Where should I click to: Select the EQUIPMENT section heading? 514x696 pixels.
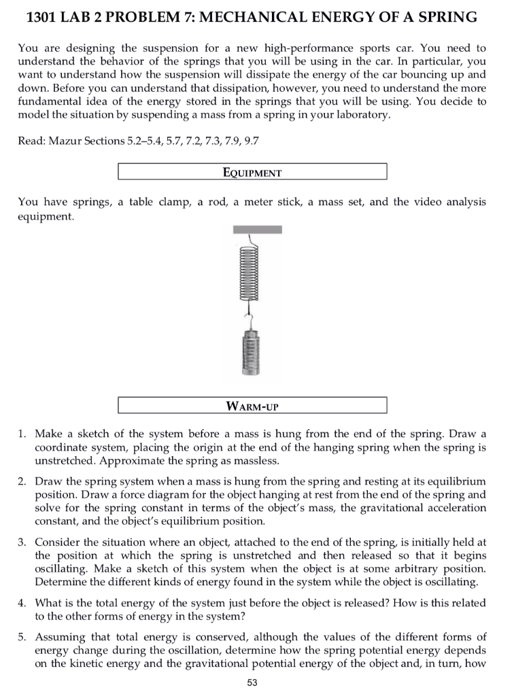coord(252,172)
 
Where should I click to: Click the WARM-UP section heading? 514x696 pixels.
coord(252,406)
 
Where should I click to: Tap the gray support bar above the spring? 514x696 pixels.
coord(257,230)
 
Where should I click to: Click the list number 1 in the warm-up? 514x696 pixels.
coord(22,433)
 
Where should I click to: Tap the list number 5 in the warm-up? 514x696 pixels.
coord(22,637)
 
